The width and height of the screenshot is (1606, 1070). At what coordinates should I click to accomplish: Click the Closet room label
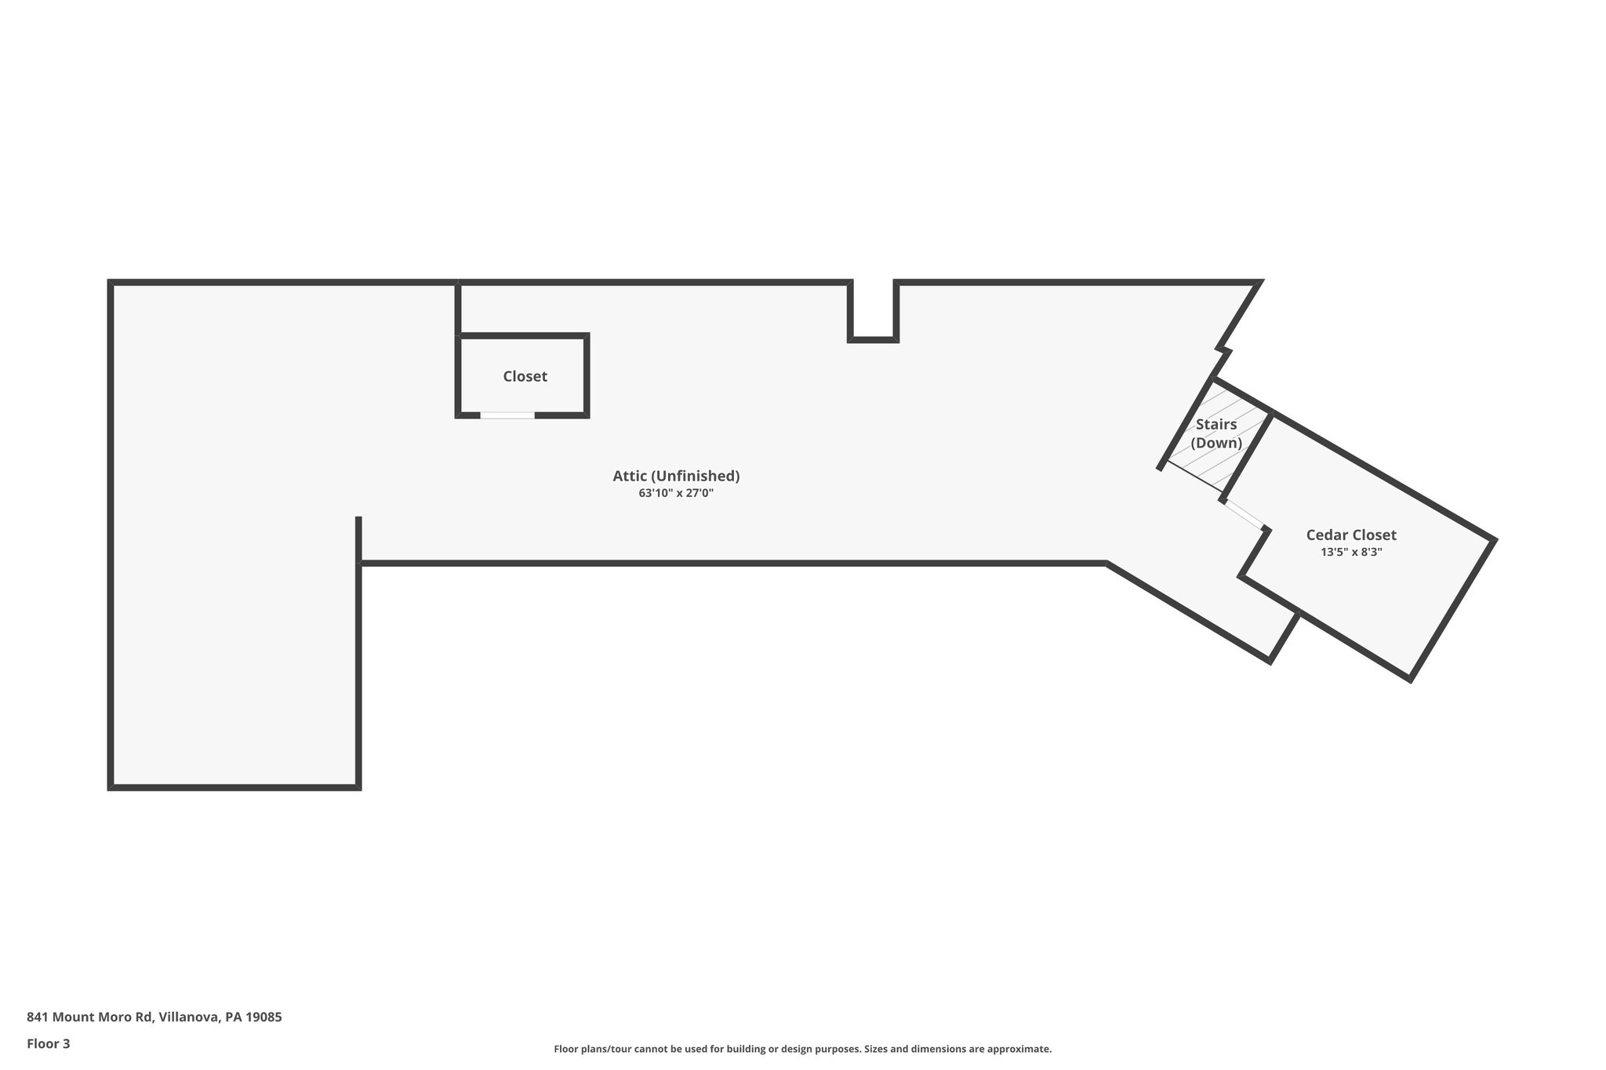pos(525,376)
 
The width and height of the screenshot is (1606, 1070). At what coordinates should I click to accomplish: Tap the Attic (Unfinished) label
pos(676,476)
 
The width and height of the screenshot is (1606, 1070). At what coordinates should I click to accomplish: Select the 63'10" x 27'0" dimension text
pos(676,494)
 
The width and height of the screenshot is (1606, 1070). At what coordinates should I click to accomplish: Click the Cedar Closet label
pos(1351,535)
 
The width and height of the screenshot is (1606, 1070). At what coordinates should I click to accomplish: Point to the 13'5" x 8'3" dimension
pos(1351,552)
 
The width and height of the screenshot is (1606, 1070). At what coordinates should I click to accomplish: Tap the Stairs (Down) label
pos(1216,433)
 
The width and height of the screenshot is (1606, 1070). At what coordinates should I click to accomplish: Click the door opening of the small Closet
pos(507,415)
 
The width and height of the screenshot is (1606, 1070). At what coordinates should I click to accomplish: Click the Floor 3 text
pos(49,1043)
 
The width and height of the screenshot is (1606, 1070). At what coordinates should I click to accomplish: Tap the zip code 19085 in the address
pos(263,1017)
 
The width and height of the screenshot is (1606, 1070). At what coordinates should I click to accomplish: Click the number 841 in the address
pos(38,1017)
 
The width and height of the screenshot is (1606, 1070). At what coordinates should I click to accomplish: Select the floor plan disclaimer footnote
pos(802,1049)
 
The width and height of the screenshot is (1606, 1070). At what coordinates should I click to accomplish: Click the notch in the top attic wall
pos(873,310)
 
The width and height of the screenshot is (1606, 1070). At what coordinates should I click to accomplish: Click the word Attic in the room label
pos(630,476)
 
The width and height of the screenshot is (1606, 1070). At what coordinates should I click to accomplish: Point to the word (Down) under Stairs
pos(1216,443)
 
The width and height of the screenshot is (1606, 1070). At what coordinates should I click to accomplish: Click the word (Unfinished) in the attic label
pos(695,476)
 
